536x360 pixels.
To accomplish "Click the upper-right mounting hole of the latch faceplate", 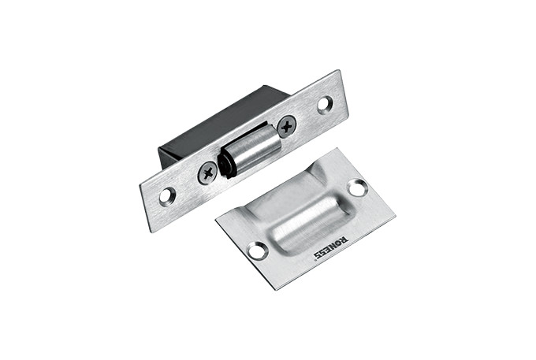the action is coord(325,104).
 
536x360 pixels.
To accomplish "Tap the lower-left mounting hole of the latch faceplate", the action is coord(167,195).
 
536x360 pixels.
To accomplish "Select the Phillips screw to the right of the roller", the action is coord(286,126).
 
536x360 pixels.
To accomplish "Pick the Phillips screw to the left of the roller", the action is coord(207,173).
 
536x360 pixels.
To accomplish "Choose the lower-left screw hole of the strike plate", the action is coord(258,250).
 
